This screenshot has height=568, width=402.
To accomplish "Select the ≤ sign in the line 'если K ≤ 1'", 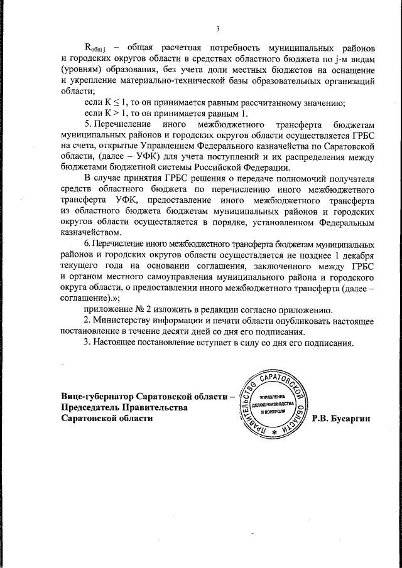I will pos(120,103).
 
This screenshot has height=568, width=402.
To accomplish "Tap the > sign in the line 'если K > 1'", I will pos(120,114).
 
